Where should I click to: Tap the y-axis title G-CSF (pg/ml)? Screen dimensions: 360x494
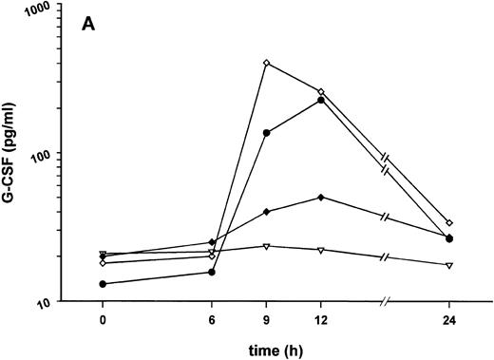tap(16, 154)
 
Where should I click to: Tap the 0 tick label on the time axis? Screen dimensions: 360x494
tap(103, 320)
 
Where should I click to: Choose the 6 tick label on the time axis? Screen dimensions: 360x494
tap(212, 320)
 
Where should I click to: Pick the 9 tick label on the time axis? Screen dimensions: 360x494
tap(267, 320)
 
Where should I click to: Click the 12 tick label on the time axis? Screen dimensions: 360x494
tap(321, 320)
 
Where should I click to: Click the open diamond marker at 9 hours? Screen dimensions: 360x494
tap(267, 64)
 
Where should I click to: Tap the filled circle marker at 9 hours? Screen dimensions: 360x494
tap(267, 133)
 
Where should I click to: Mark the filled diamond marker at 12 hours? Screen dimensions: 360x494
tap(321, 198)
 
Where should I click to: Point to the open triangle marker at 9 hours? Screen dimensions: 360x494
tap(267, 247)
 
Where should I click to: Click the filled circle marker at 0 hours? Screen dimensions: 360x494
tap(103, 284)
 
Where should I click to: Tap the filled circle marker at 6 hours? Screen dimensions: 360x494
tap(212, 273)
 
